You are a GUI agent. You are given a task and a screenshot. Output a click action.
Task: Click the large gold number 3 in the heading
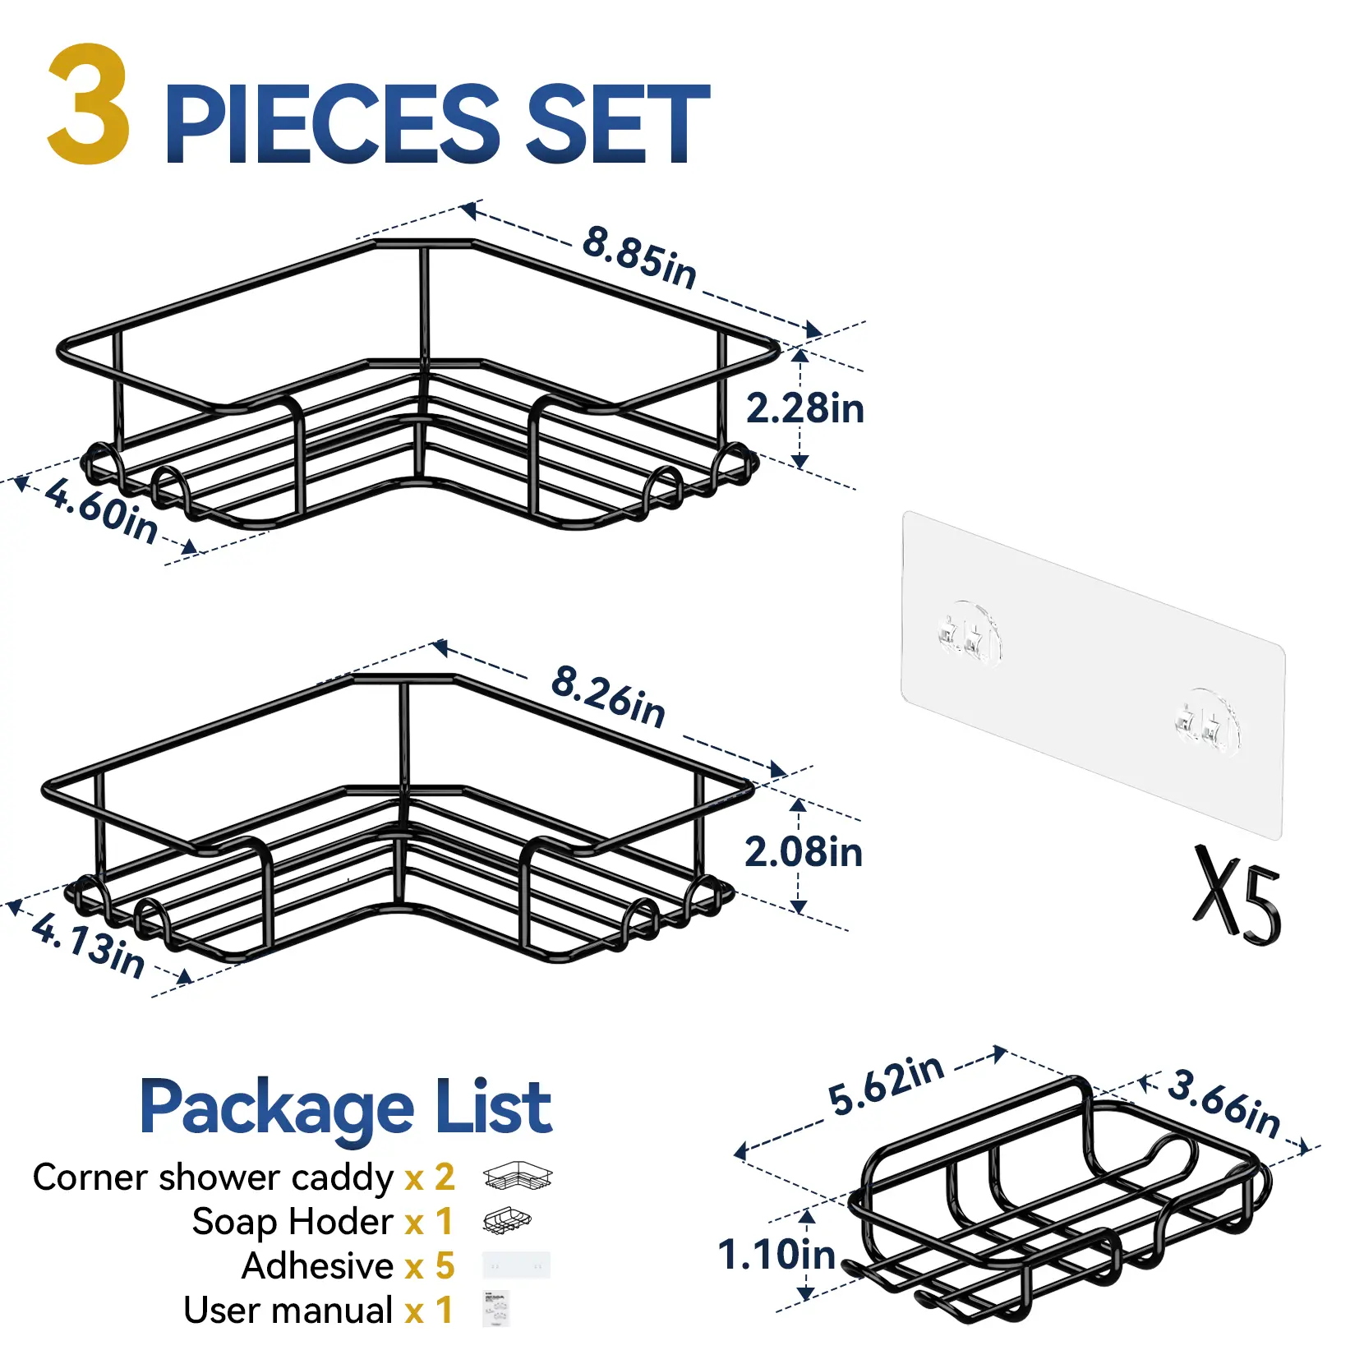(x=89, y=104)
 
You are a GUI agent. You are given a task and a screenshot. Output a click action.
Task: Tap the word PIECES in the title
(x=333, y=124)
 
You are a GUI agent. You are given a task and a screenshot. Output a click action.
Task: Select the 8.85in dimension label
(x=639, y=257)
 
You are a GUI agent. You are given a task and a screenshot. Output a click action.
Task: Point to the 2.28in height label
(x=804, y=408)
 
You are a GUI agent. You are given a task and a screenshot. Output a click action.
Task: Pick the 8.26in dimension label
(x=608, y=697)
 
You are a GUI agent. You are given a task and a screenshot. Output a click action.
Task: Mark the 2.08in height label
(x=804, y=852)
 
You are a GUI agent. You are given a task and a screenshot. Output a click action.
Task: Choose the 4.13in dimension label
(x=88, y=945)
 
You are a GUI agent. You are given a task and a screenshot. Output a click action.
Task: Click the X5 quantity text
(x=1237, y=896)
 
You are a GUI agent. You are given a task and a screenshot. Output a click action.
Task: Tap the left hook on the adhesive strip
(x=969, y=634)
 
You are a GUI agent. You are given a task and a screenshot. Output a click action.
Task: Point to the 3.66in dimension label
(x=1224, y=1103)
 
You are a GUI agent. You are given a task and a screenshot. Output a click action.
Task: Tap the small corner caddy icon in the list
(x=518, y=1177)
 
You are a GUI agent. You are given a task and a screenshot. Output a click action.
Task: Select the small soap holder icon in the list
(x=507, y=1221)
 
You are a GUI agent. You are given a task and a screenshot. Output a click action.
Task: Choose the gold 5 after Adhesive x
(x=445, y=1266)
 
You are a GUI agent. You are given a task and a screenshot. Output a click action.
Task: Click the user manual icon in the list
(x=496, y=1308)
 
